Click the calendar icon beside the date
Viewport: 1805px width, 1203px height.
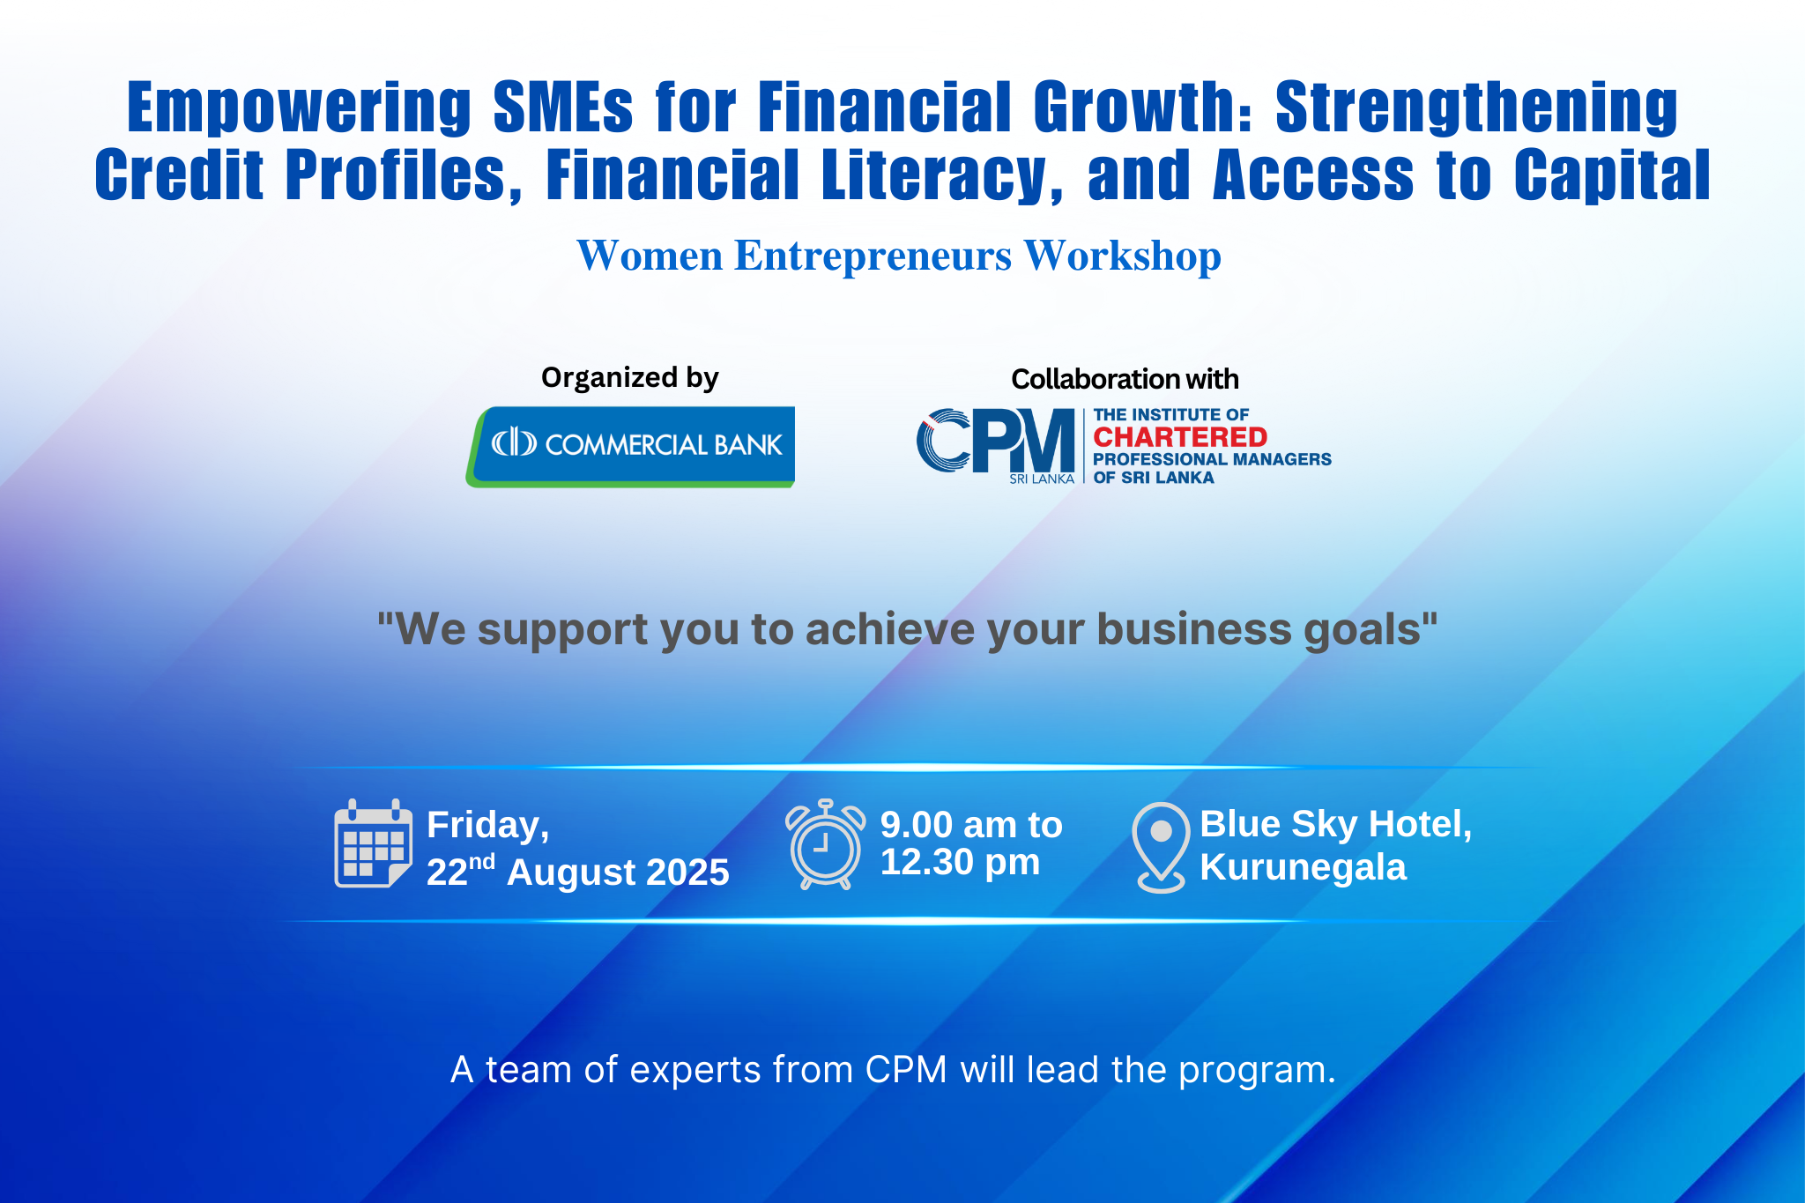[373, 843]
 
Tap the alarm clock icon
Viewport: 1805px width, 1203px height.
[825, 844]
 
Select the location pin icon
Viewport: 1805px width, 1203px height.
[1161, 847]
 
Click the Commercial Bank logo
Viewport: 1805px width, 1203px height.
[630, 446]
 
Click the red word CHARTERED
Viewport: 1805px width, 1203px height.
[1180, 437]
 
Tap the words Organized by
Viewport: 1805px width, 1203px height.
[629, 378]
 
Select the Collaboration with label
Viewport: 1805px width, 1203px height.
[1125, 379]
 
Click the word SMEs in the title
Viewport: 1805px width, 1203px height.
[562, 107]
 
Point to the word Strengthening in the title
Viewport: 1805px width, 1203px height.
[1476, 108]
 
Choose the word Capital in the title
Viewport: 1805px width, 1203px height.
[1612, 175]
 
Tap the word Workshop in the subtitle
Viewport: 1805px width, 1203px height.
[1122, 256]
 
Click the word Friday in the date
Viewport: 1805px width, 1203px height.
[487, 826]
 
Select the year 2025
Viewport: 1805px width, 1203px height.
[687, 873]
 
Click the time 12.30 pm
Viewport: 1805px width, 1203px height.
[960, 862]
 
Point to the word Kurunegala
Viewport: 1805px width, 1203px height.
[1303, 868]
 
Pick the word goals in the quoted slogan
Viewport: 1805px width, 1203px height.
[1370, 631]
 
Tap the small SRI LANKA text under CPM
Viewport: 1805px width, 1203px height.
[1042, 479]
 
